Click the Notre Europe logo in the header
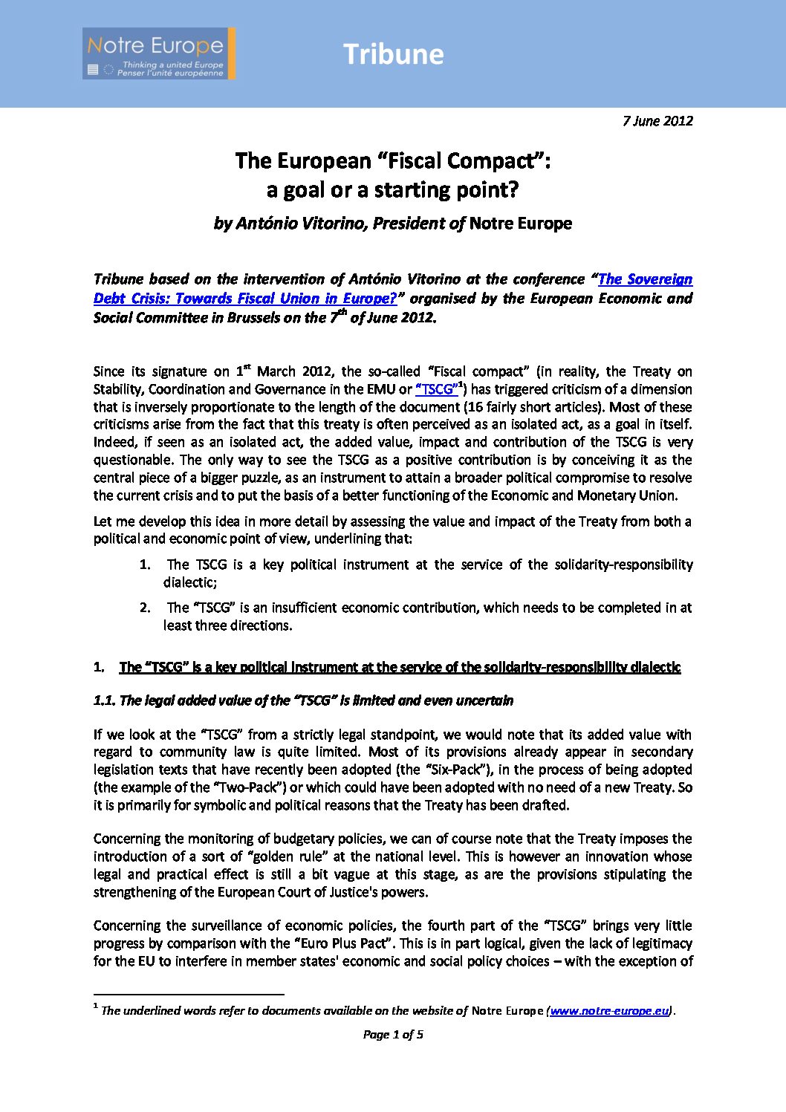(158, 53)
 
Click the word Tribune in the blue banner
(393, 54)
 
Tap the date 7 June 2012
(657, 120)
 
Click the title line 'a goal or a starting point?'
(392, 190)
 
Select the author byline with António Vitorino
(392, 224)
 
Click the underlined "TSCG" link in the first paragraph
(437, 389)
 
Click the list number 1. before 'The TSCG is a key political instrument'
(146, 565)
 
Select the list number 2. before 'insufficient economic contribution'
(146, 608)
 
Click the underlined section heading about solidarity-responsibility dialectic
(400, 667)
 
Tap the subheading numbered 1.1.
(303, 700)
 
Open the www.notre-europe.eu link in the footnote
(609, 1011)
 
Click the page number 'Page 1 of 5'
(393, 1035)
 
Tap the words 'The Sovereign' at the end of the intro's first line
(645, 280)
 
